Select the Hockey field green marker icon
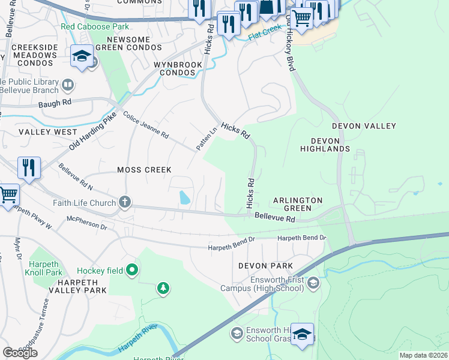(x=133, y=271)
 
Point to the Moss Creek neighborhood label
(x=144, y=170)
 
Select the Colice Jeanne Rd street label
(x=146, y=125)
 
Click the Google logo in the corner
(x=20, y=353)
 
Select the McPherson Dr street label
(x=86, y=223)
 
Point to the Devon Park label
(x=265, y=265)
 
